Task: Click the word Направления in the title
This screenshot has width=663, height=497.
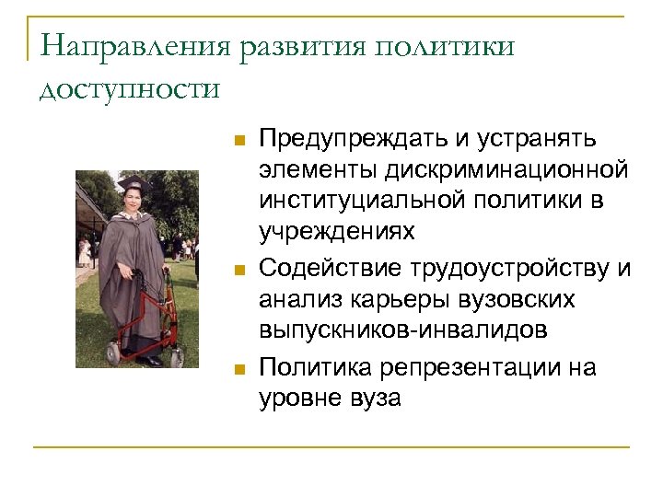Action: tap(134, 47)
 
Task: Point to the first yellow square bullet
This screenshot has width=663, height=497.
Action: tap(238, 141)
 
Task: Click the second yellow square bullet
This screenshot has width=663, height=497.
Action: tap(238, 270)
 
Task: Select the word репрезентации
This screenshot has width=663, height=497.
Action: tap(475, 368)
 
